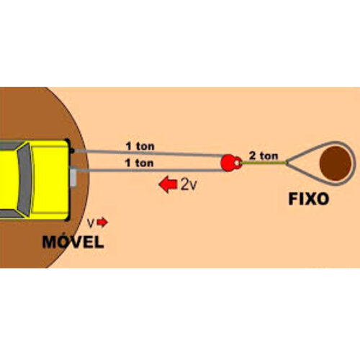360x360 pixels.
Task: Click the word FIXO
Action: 308,199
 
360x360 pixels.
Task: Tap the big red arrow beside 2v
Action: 168,184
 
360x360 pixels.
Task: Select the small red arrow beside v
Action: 103,222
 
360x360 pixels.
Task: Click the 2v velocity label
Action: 189,184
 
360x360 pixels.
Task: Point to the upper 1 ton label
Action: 140,146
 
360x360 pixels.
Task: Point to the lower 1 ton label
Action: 140,163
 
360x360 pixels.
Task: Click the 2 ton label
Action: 264,156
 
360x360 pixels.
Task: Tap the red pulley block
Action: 230,163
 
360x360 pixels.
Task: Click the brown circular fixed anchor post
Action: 336,163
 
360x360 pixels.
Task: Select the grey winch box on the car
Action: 73,176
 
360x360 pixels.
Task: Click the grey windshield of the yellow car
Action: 24,180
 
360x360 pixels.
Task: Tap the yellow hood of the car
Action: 50,179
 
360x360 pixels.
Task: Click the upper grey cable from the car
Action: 149,153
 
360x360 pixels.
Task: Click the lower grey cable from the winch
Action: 150,171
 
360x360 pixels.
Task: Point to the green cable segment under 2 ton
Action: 264,163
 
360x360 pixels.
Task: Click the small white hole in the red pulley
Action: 237,163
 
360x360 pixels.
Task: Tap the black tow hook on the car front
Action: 72,150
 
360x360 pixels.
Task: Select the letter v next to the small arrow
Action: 91,223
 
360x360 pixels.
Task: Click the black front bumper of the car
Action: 68,179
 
